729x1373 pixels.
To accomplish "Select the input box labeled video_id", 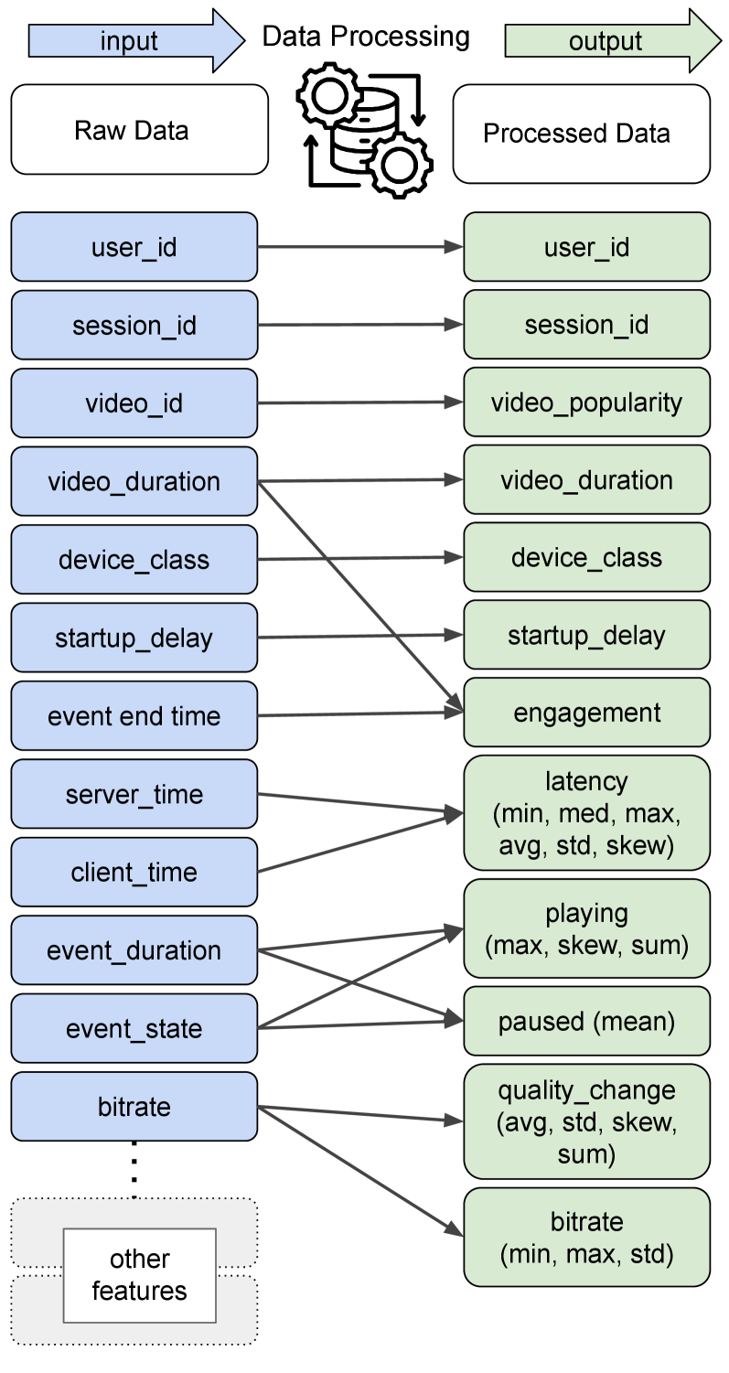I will click(x=134, y=403).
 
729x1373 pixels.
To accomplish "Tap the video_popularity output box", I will click(x=586, y=402).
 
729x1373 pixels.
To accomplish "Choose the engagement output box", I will click(x=586, y=713).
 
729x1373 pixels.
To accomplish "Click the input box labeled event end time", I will click(x=134, y=715).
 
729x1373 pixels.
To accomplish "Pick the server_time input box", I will click(x=134, y=794).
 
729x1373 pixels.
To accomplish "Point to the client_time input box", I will click(x=134, y=872).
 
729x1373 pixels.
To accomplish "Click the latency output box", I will click(x=586, y=812).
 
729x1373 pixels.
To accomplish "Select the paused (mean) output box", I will click(x=586, y=1021).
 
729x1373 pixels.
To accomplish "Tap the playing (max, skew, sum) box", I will click(x=586, y=928).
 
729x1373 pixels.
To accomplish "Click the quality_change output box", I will click(x=586, y=1121).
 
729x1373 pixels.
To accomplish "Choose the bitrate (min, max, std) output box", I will click(x=586, y=1237).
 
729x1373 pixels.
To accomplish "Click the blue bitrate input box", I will click(x=134, y=1107).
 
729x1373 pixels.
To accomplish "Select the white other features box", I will click(x=139, y=1275).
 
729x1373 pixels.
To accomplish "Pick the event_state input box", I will click(x=134, y=1029).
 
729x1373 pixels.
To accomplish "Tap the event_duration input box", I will click(x=134, y=950).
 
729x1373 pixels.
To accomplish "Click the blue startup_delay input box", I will click(x=134, y=638).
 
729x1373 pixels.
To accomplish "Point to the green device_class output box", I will click(x=586, y=557).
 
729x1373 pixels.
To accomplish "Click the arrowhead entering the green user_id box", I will click(x=455, y=247).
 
